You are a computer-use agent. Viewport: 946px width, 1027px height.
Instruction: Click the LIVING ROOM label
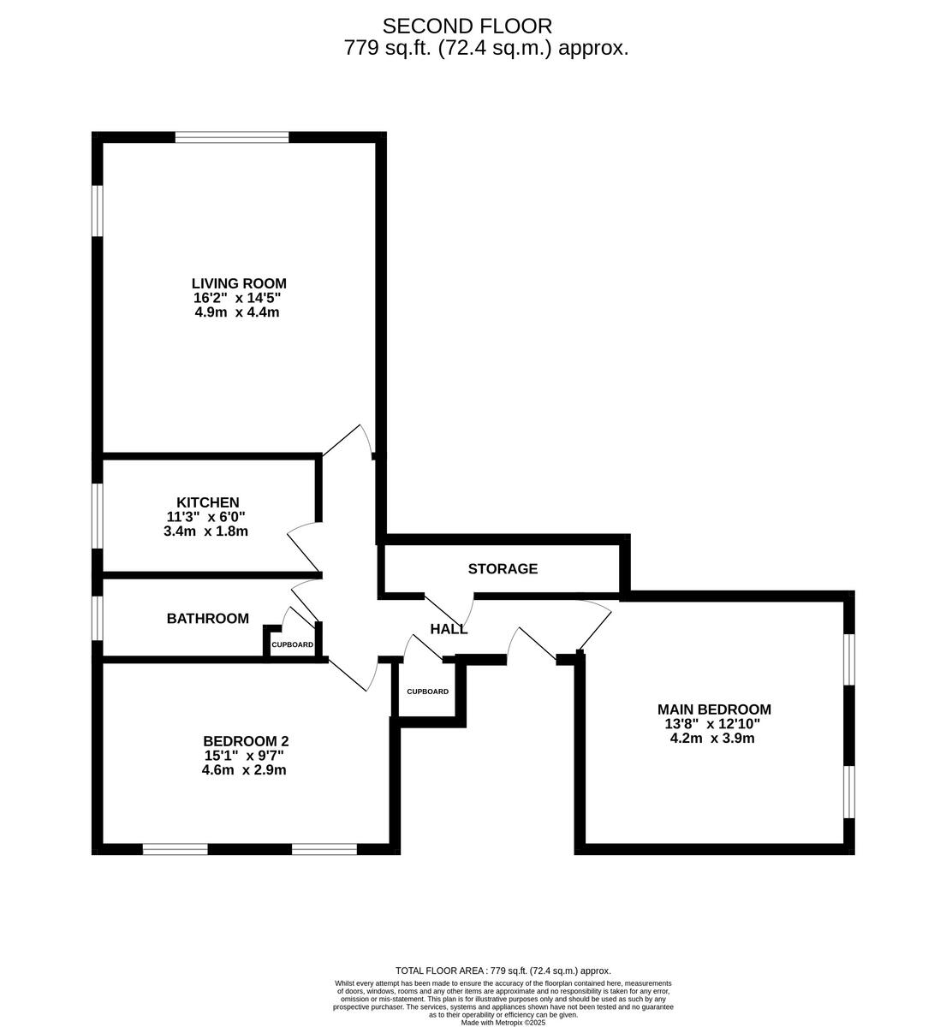pos(238,283)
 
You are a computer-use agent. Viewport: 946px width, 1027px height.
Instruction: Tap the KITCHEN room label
pos(208,502)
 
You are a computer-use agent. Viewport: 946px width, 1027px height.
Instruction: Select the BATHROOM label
pos(208,618)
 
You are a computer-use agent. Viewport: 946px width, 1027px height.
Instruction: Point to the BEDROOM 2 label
pos(240,741)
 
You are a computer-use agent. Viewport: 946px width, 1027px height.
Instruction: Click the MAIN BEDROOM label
pos(714,709)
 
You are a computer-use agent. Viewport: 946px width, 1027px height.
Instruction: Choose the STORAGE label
pos(503,568)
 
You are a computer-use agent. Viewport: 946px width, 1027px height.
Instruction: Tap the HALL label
pos(449,629)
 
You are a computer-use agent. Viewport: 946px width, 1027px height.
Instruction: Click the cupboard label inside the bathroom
pos(292,644)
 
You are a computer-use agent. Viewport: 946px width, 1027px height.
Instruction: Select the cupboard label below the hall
pos(427,692)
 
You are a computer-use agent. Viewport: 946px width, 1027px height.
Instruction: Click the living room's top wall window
pos(232,137)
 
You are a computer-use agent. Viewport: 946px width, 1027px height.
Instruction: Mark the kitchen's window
pos(98,515)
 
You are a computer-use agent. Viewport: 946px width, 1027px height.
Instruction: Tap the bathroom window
pos(98,618)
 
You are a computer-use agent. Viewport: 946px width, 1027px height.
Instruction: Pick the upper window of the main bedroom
pos(848,659)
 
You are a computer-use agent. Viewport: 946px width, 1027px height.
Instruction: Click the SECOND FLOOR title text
pos(467,27)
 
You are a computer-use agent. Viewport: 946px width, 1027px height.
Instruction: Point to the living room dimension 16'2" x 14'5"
pos(237,298)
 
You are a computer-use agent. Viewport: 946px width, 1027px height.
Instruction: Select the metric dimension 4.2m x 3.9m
pos(712,738)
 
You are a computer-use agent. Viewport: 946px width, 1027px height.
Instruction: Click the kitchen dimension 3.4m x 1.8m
pos(205,531)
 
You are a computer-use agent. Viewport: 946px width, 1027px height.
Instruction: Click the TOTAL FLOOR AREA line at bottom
pos(503,971)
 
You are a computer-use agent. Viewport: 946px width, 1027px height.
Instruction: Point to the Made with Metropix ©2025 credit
pos(503,1022)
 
